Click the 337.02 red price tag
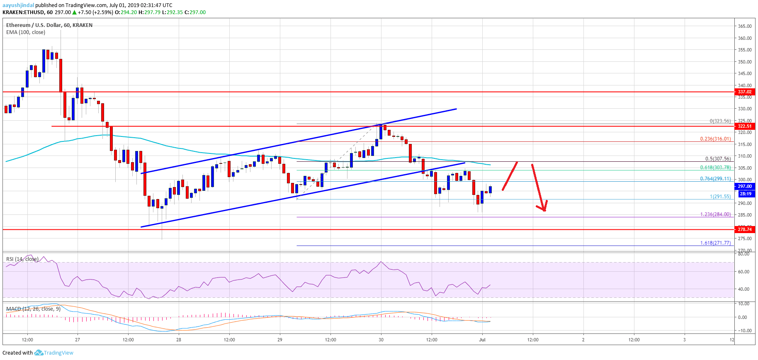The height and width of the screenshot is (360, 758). coord(744,92)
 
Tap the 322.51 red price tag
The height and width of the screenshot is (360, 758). coord(744,126)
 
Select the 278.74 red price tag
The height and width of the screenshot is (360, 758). coord(744,229)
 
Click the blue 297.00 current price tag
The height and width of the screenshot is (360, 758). coord(744,187)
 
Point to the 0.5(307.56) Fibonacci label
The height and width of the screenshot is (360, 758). coord(718,159)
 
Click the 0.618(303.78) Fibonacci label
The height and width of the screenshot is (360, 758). coord(715,168)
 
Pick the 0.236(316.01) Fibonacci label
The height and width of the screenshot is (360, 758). coord(715,139)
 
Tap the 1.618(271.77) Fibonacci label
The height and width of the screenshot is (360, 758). coord(715,243)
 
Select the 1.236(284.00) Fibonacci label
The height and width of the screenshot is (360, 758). coord(715,214)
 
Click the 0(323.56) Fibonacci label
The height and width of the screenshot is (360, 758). coord(720,121)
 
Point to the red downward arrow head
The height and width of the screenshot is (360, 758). coord(544,208)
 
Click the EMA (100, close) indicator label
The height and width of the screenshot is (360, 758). coord(26,32)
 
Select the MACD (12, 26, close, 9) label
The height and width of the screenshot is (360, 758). coord(33,309)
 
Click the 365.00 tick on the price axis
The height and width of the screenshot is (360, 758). coord(745,26)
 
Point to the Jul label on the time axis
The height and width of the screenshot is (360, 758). coord(482,340)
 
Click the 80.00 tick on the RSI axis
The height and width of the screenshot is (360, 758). coord(744,254)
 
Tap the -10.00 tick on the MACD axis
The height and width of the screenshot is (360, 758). coord(743,331)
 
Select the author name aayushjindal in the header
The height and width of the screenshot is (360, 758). coord(18,5)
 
